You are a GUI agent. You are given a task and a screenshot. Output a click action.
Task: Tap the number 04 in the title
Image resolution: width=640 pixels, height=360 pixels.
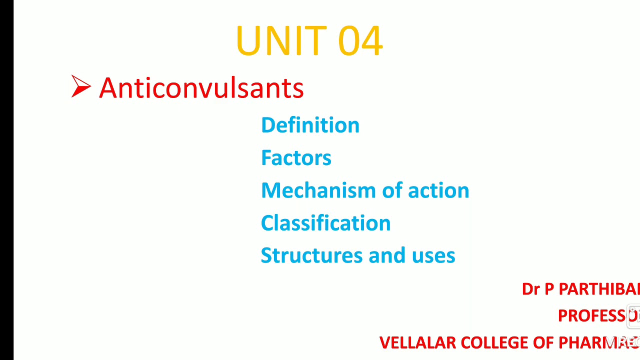(360, 40)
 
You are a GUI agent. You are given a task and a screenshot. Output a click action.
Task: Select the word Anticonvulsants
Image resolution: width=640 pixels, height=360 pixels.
(201, 88)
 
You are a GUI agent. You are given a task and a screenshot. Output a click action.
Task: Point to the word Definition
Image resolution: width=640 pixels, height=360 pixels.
(310, 125)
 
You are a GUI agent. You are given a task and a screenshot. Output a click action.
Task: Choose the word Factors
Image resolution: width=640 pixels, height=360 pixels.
(296, 157)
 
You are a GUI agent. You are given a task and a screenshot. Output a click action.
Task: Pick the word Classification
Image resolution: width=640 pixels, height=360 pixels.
(325, 223)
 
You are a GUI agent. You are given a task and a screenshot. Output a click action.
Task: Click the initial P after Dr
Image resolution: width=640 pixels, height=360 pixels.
(549, 289)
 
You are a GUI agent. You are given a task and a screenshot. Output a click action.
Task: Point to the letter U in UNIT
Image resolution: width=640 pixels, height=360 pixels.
(247, 40)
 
